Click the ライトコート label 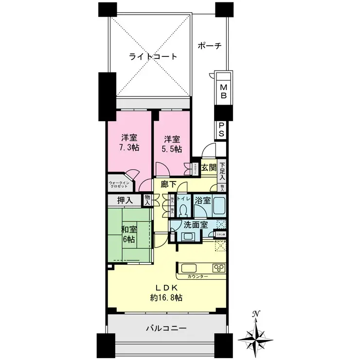coord(152,56)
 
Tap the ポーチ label coord(210,46)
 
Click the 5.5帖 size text coord(173,148)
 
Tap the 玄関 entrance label coord(209,168)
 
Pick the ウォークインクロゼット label coord(120,184)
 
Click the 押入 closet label coord(125,200)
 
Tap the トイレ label coord(183,199)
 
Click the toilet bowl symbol coord(183,210)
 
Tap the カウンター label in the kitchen coord(198,276)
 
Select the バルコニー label coord(166,329)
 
